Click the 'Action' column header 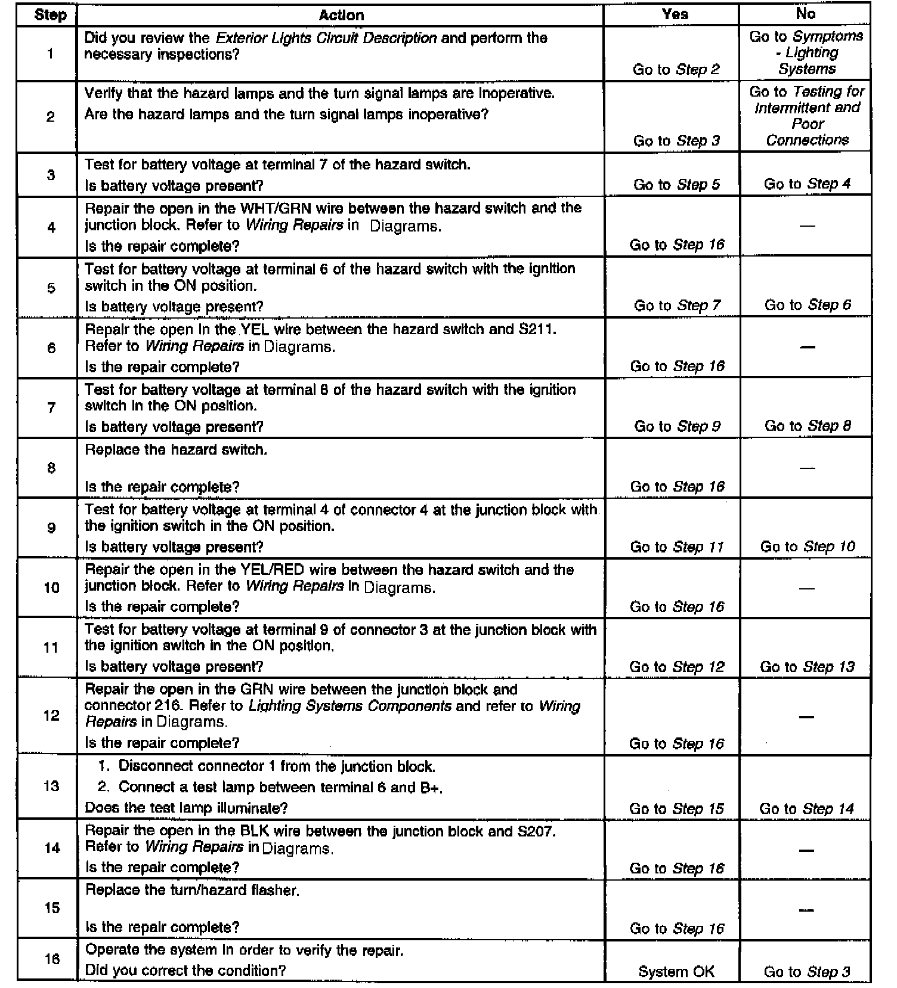341,16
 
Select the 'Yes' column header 675,14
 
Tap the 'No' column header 805,14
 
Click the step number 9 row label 51,527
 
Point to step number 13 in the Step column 51,786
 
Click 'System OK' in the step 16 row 676,972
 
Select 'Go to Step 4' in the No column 807,184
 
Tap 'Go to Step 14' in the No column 806,808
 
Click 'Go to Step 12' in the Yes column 676,666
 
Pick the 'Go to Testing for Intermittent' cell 807,116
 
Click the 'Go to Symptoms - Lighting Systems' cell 806,53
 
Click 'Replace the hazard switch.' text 176,450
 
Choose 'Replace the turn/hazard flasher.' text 192,890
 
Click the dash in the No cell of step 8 806,468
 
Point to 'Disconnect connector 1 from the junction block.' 277,766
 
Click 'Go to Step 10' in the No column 807,547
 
